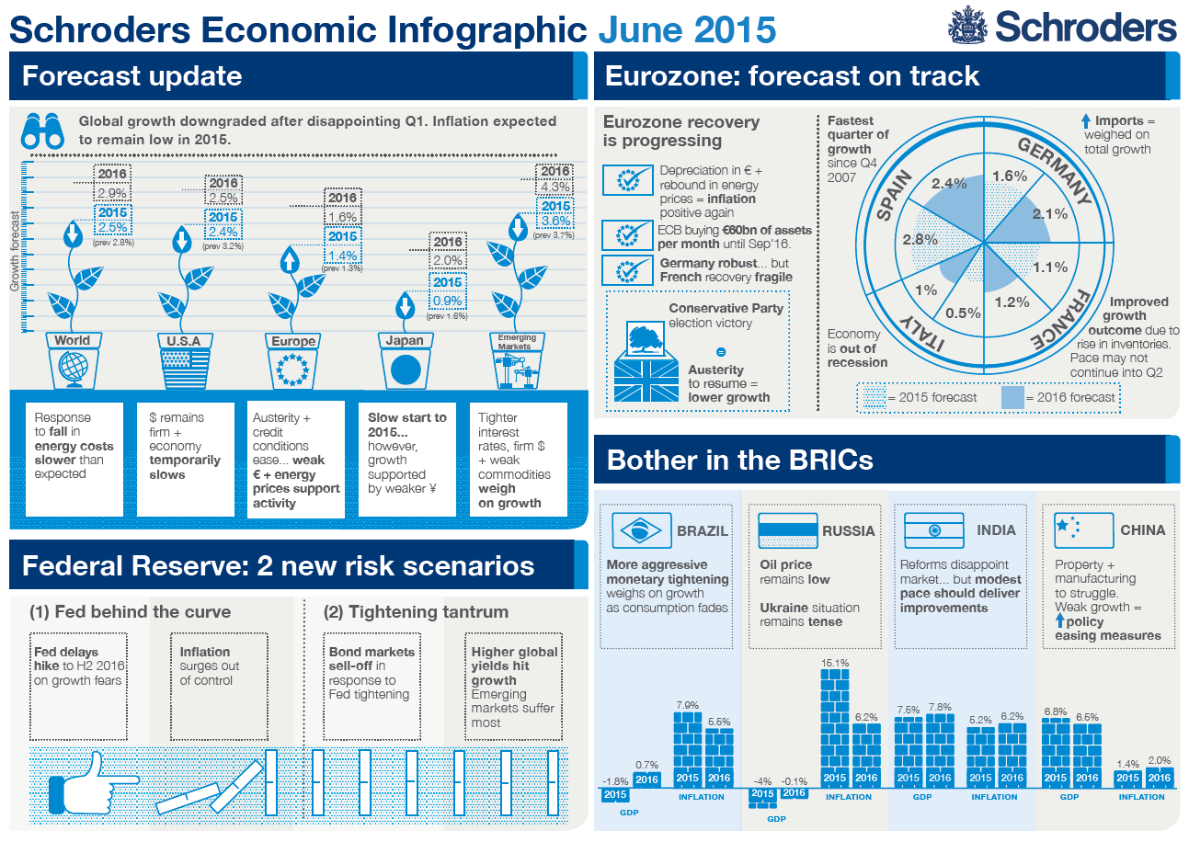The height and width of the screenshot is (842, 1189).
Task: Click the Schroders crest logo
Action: click(966, 26)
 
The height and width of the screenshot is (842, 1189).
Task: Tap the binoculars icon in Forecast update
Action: click(42, 131)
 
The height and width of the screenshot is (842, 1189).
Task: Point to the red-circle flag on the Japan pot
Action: click(405, 370)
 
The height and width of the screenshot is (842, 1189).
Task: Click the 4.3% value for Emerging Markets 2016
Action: click(555, 188)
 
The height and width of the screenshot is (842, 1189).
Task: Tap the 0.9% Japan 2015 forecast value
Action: click(448, 300)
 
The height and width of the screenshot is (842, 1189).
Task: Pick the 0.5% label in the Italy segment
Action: click(963, 313)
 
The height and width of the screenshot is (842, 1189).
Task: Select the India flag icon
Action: click(933, 530)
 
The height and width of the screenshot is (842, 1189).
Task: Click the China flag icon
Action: click(1079, 530)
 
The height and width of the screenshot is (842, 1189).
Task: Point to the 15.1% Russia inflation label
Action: click(834, 662)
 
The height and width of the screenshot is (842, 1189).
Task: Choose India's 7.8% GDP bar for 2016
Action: click(940, 750)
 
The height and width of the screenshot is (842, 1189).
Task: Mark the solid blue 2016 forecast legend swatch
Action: click(1012, 398)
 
